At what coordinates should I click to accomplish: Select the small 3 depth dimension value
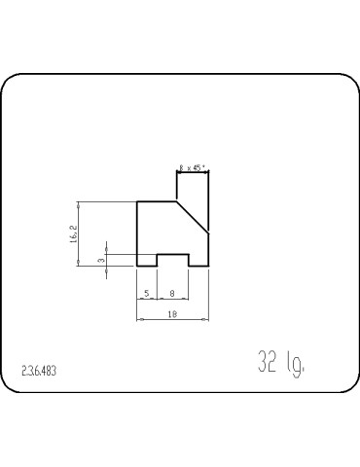(x=100, y=260)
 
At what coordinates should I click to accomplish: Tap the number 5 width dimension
(x=146, y=292)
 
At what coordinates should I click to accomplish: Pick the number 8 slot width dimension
(x=172, y=292)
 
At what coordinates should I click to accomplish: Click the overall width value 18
(x=172, y=313)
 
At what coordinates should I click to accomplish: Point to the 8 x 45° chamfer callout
(x=194, y=167)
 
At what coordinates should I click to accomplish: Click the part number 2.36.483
(x=38, y=371)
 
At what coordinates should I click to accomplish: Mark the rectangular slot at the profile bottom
(x=172, y=260)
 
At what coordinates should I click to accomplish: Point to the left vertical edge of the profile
(x=137, y=233)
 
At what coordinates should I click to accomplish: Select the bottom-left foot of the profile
(x=147, y=266)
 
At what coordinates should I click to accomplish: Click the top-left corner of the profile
(x=137, y=201)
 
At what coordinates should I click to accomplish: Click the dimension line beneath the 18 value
(x=172, y=319)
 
